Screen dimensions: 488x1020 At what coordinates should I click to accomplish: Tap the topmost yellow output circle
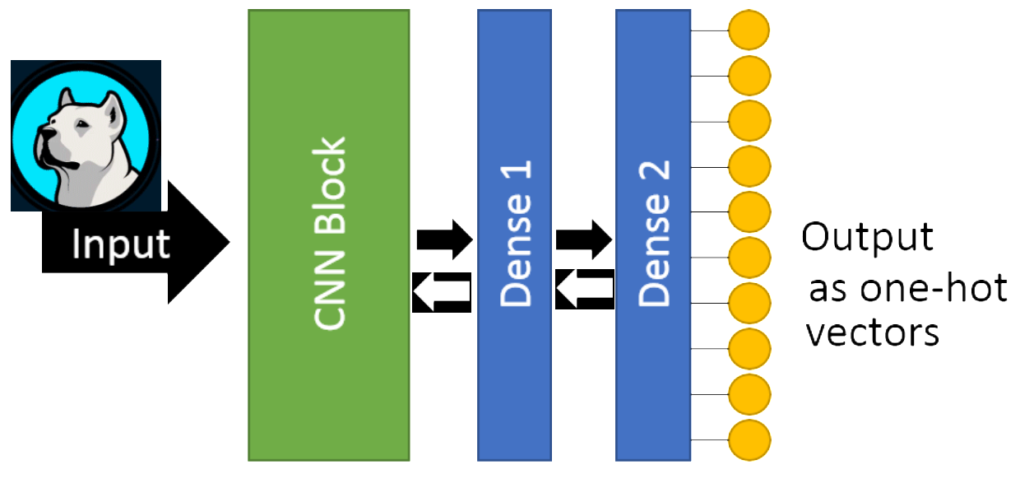coord(749,30)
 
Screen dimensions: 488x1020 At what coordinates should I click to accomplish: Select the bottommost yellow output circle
coord(749,439)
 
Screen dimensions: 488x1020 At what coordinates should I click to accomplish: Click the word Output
coord(868,237)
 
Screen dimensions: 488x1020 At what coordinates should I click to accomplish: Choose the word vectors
coord(872,333)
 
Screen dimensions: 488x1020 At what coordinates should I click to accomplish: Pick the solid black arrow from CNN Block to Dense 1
coord(444,240)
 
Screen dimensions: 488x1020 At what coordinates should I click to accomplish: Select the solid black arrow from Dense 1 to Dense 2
coord(584,240)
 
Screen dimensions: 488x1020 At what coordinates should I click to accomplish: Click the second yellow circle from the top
coord(749,76)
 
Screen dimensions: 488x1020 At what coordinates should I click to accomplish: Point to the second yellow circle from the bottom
coord(749,393)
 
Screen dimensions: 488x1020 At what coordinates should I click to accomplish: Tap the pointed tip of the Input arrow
coord(226,244)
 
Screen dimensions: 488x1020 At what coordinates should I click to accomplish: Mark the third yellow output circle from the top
coord(749,121)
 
